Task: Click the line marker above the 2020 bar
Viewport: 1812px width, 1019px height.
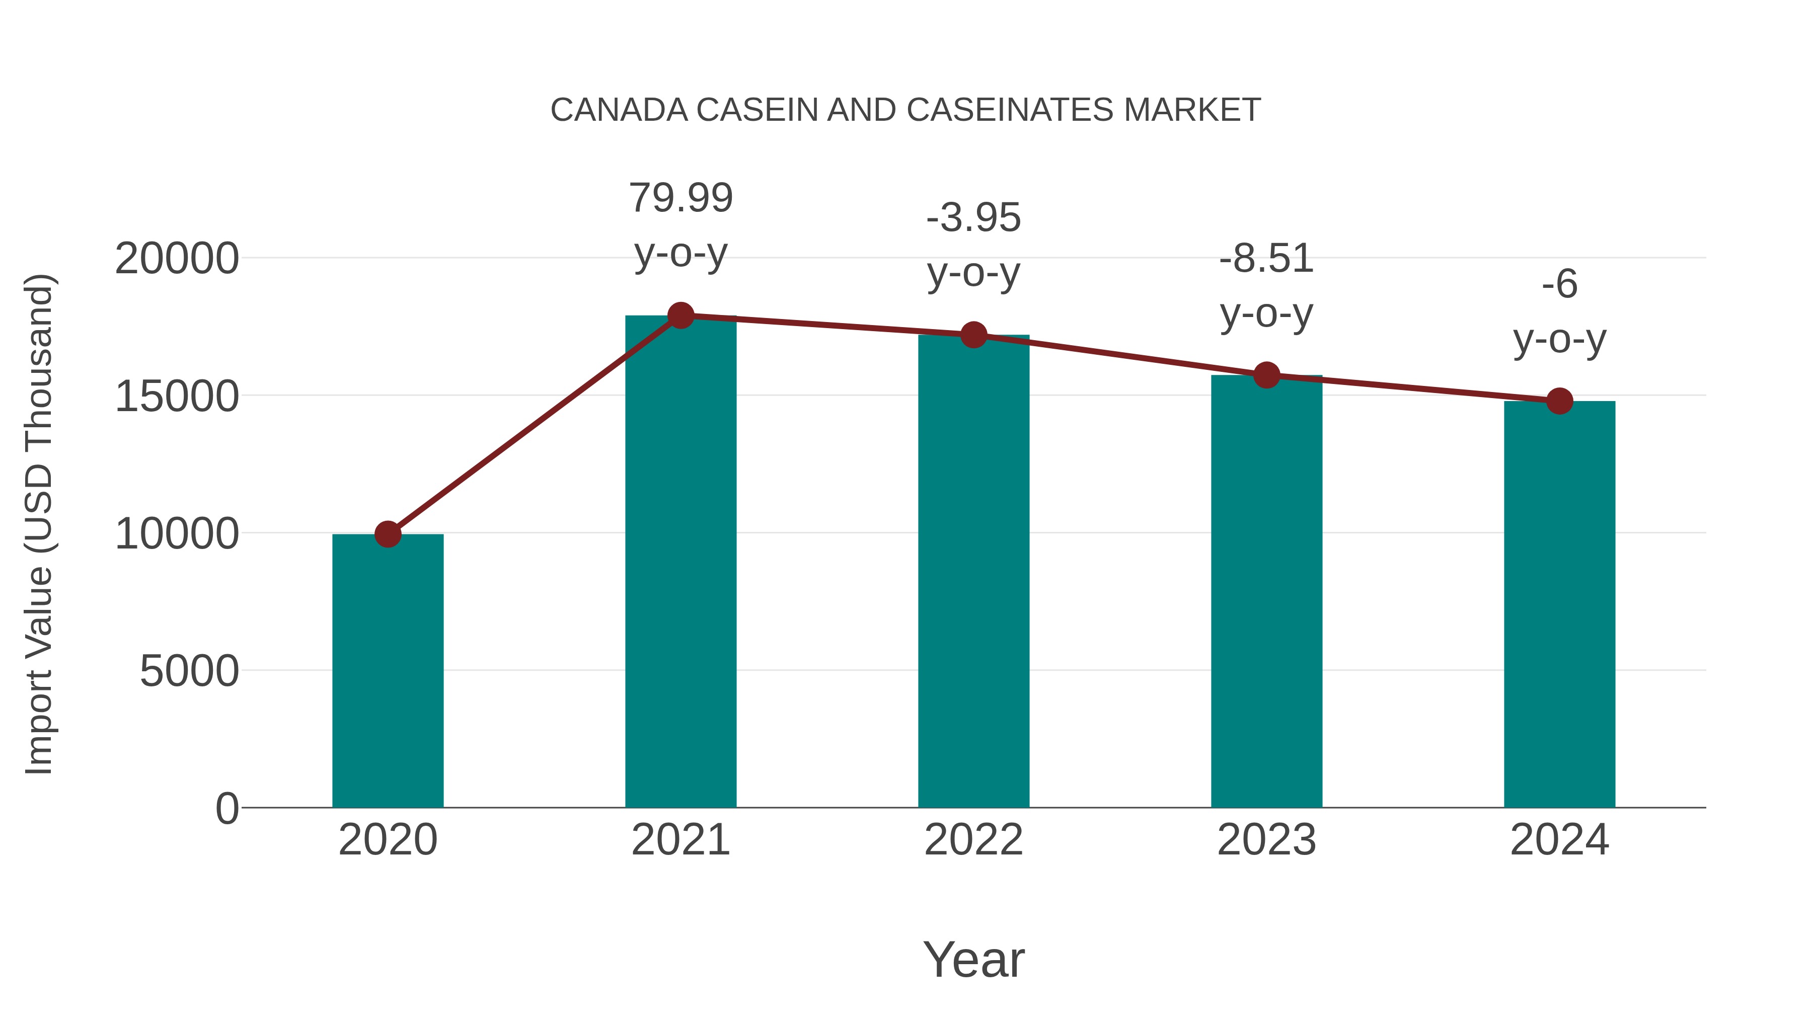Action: pyautogui.click(x=388, y=534)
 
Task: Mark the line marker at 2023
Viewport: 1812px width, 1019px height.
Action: pyautogui.click(x=1266, y=375)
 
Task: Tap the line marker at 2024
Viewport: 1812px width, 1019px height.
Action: pyautogui.click(x=1559, y=401)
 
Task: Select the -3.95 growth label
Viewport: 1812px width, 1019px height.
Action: pyautogui.click(x=973, y=217)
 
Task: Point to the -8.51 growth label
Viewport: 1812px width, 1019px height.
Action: pyautogui.click(x=1266, y=258)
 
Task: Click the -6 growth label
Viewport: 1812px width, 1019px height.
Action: pyautogui.click(x=1559, y=284)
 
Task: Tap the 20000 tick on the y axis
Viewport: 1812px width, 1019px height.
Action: pyautogui.click(x=177, y=258)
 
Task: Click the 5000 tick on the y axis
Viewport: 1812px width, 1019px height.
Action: pyautogui.click(x=189, y=670)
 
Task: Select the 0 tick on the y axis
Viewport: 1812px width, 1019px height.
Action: pyautogui.click(x=227, y=808)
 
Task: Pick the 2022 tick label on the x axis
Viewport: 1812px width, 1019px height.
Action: pyautogui.click(x=973, y=840)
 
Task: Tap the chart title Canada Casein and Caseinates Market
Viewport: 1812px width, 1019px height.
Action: pyautogui.click(x=905, y=110)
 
